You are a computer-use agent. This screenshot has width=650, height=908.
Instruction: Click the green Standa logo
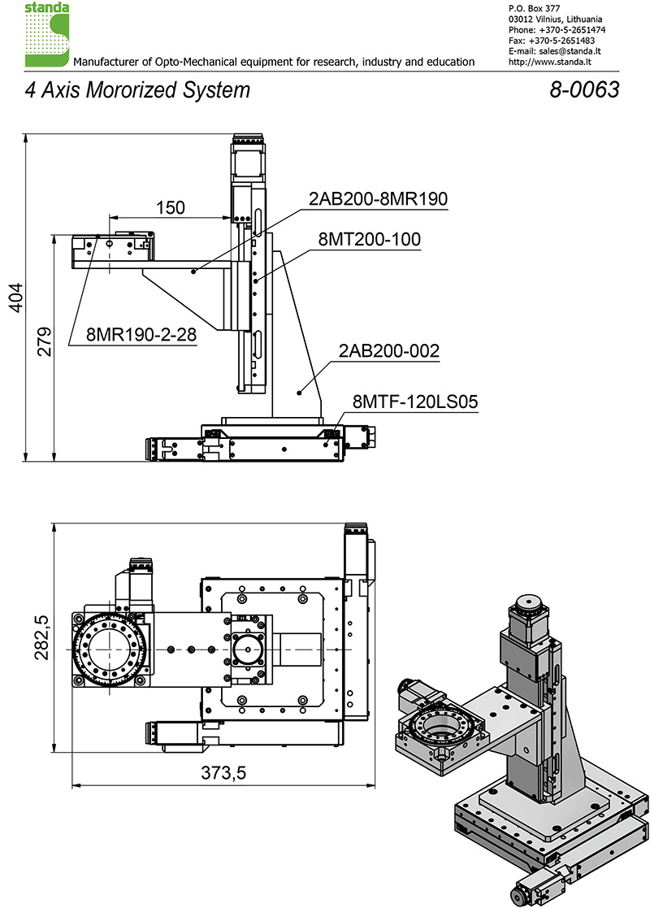(47, 34)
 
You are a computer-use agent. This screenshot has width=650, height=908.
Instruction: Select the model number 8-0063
(584, 89)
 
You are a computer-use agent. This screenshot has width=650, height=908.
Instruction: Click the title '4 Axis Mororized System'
(137, 89)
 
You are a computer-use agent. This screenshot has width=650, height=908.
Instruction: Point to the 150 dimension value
(170, 207)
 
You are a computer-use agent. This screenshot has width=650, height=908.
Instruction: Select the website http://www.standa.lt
(548, 61)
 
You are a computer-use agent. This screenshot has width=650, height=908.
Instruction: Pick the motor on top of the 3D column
(527, 618)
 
